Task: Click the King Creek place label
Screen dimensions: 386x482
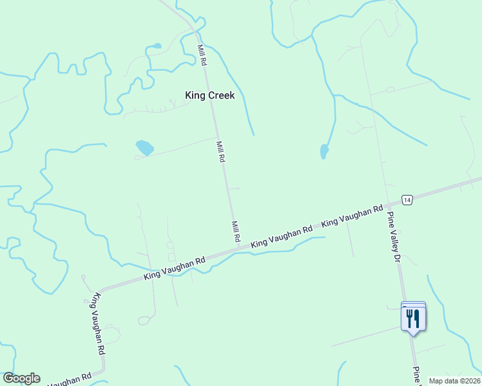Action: pos(210,95)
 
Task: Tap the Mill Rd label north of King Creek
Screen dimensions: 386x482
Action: pos(202,55)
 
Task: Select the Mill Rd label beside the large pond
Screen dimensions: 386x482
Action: pos(220,152)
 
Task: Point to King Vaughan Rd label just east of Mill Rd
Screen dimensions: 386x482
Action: pos(282,236)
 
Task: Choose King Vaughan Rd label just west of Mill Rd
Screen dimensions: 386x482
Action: pos(174,268)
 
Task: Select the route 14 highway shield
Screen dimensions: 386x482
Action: pos(406,200)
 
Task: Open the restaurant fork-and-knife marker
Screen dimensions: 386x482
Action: pos(413,318)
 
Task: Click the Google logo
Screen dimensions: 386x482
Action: pos(21,378)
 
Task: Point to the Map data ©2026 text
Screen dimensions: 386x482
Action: pos(454,381)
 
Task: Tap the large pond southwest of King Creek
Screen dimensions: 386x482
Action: pos(144,148)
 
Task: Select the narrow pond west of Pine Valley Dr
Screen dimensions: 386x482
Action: pos(324,152)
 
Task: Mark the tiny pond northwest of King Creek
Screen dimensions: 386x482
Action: pos(155,46)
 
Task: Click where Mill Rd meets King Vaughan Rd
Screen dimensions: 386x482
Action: pos(240,246)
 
